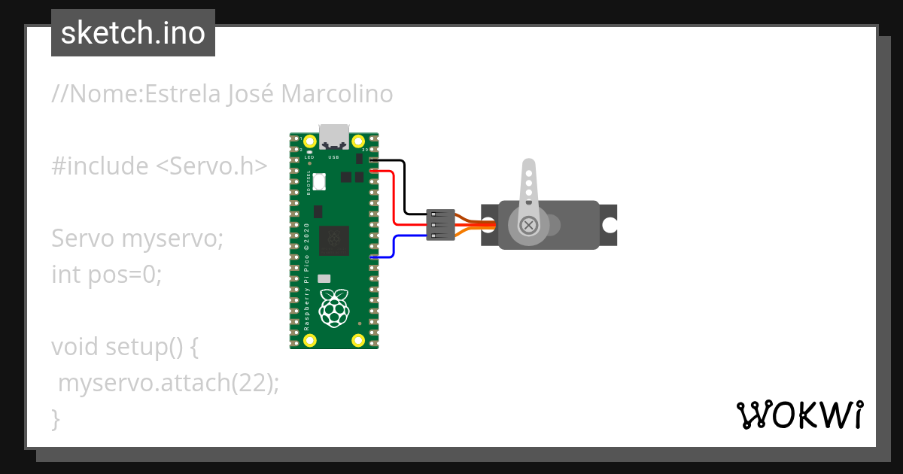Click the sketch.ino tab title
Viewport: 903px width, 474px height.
tap(132, 33)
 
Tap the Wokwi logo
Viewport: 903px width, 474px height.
tap(798, 415)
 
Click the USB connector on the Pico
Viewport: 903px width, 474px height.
tap(334, 136)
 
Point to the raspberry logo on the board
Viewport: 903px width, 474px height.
tap(334, 307)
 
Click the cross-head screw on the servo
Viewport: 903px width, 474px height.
tap(529, 224)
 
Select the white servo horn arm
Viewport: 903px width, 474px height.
tap(530, 184)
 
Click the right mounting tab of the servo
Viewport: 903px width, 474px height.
tap(608, 224)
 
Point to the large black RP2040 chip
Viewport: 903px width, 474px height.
tap(334, 241)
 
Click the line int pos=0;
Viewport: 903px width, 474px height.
tap(107, 275)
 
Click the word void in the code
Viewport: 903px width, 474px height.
tap(75, 347)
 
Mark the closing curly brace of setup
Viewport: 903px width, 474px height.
tap(56, 418)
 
